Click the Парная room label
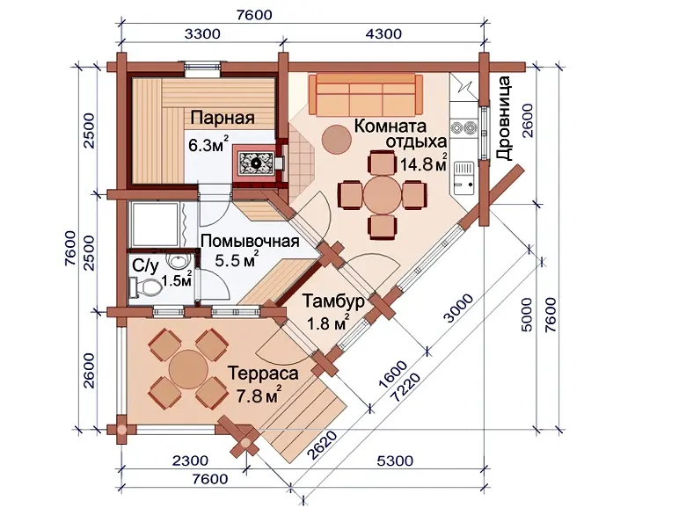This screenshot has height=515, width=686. point(223,119)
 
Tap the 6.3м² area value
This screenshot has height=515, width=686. point(208,144)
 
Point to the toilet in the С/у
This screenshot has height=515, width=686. point(145,288)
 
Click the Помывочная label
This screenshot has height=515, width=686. point(251,242)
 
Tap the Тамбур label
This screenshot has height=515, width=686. point(333,301)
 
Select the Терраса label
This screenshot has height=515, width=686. point(263,374)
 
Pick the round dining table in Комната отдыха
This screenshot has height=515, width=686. point(383,194)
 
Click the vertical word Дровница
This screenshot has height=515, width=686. point(504,119)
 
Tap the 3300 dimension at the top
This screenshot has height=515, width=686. point(202,33)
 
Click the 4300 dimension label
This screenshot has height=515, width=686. point(383,33)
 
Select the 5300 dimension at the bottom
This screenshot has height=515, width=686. point(395,461)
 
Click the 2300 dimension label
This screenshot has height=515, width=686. point(190,461)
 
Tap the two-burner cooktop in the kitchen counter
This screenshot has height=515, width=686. point(463,127)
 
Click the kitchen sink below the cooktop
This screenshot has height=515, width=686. point(463,178)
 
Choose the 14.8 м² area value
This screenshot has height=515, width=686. point(424,164)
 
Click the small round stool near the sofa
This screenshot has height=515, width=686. point(337,140)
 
